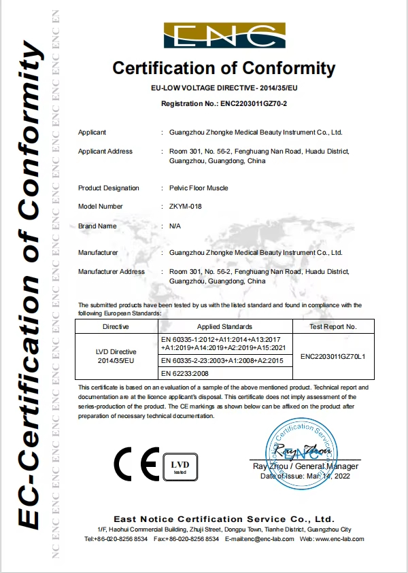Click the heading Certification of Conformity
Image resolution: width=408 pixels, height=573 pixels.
coord(224,68)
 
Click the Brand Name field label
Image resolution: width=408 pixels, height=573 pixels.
coord(97,226)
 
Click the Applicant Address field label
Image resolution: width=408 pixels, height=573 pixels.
coord(105,151)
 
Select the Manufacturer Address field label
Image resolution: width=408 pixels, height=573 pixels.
coord(112,271)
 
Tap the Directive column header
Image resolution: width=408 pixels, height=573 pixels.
coord(116,326)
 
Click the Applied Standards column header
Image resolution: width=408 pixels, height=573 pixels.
coord(225,326)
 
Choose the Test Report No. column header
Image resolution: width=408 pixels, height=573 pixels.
coord(333,326)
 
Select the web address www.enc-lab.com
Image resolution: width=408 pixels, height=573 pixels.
coord(340,539)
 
